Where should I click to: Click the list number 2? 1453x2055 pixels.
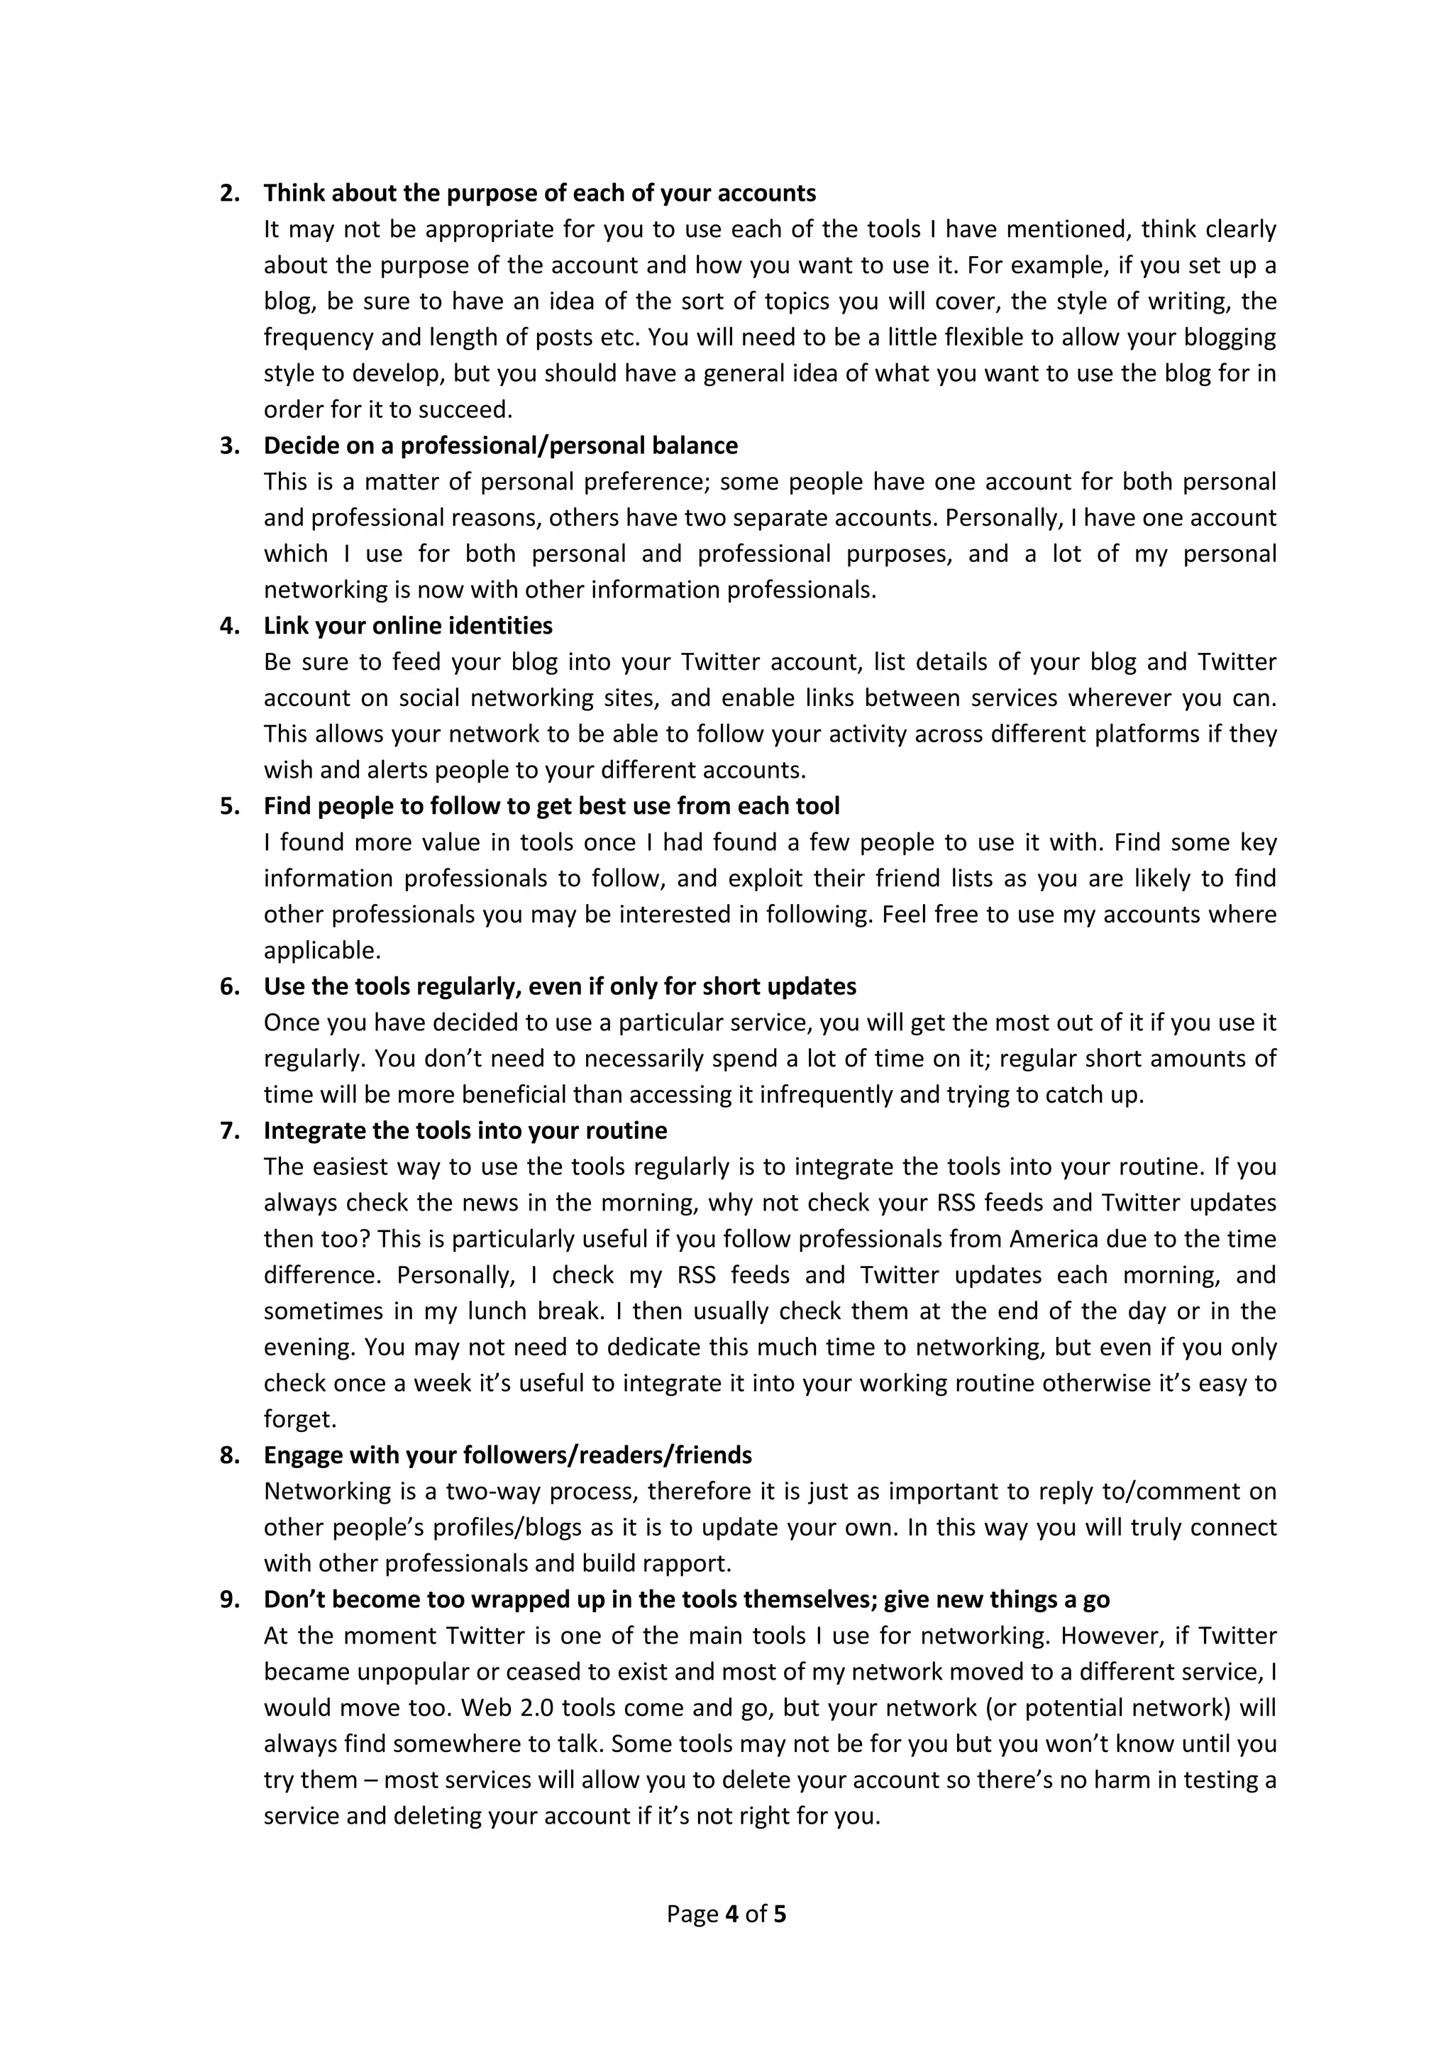[229, 193]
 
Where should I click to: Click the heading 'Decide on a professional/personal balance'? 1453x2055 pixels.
[500, 446]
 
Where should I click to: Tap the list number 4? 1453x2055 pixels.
[229, 626]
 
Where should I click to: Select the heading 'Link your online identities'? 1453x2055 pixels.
[408, 626]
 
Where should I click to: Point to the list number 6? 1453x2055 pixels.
[229, 986]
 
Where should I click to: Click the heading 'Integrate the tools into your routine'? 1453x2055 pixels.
[465, 1130]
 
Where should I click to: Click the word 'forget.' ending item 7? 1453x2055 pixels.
[299, 1419]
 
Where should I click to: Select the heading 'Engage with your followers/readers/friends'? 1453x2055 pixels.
[507, 1455]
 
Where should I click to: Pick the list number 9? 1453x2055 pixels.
[229, 1599]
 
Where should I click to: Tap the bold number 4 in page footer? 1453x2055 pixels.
[732, 1914]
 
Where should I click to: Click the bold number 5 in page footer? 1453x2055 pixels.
[779, 1914]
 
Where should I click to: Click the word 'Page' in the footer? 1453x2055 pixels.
[692, 1914]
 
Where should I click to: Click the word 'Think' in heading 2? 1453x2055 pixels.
[294, 193]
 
